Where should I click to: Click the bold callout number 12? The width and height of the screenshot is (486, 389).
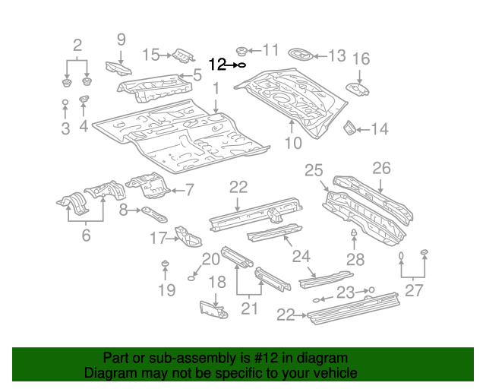click(x=217, y=65)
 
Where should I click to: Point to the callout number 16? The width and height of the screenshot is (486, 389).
click(x=361, y=59)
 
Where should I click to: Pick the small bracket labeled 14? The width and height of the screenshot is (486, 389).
click(x=350, y=128)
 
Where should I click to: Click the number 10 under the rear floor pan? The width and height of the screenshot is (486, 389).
click(x=293, y=142)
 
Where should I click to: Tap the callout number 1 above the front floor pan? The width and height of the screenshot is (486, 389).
click(x=216, y=89)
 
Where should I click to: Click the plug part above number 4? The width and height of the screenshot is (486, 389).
click(x=84, y=101)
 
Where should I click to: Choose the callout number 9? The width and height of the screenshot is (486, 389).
click(x=121, y=40)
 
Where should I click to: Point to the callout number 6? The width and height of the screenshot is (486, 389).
click(x=86, y=236)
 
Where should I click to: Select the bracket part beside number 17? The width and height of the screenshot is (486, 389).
click(x=185, y=236)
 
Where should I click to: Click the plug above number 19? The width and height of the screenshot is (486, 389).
click(x=165, y=264)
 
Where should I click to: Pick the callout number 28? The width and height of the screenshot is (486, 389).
click(x=355, y=259)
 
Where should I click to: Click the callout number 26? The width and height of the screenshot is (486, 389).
click(x=380, y=168)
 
